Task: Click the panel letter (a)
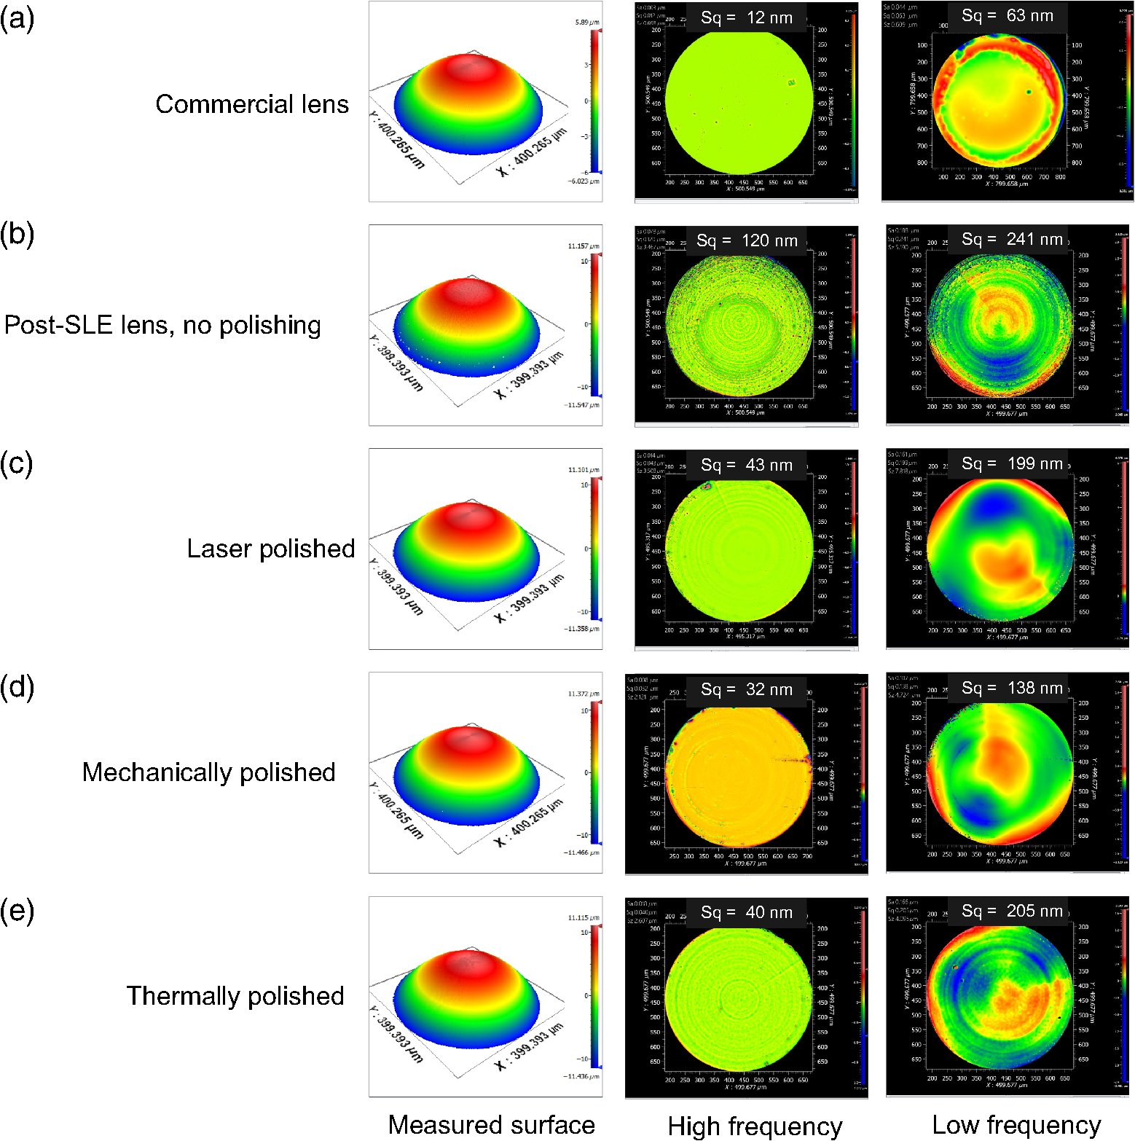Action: [x=17, y=20]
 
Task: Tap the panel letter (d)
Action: [x=17, y=688]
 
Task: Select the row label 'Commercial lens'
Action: [x=252, y=104]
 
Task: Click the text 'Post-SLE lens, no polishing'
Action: [x=162, y=325]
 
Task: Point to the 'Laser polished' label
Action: [x=270, y=549]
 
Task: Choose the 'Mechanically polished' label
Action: [x=208, y=772]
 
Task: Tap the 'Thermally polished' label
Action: [x=235, y=996]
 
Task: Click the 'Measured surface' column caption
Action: [x=491, y=1124]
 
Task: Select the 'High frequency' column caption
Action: [x=755, y=1126]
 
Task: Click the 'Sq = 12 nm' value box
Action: [x=746, y=18]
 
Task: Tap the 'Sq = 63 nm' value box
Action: [x=1008, y=16]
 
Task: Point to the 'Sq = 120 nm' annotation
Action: [x=746, y=241]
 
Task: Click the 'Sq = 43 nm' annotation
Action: [x=746, y=465]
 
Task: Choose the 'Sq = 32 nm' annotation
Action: [x=746, y=689]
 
